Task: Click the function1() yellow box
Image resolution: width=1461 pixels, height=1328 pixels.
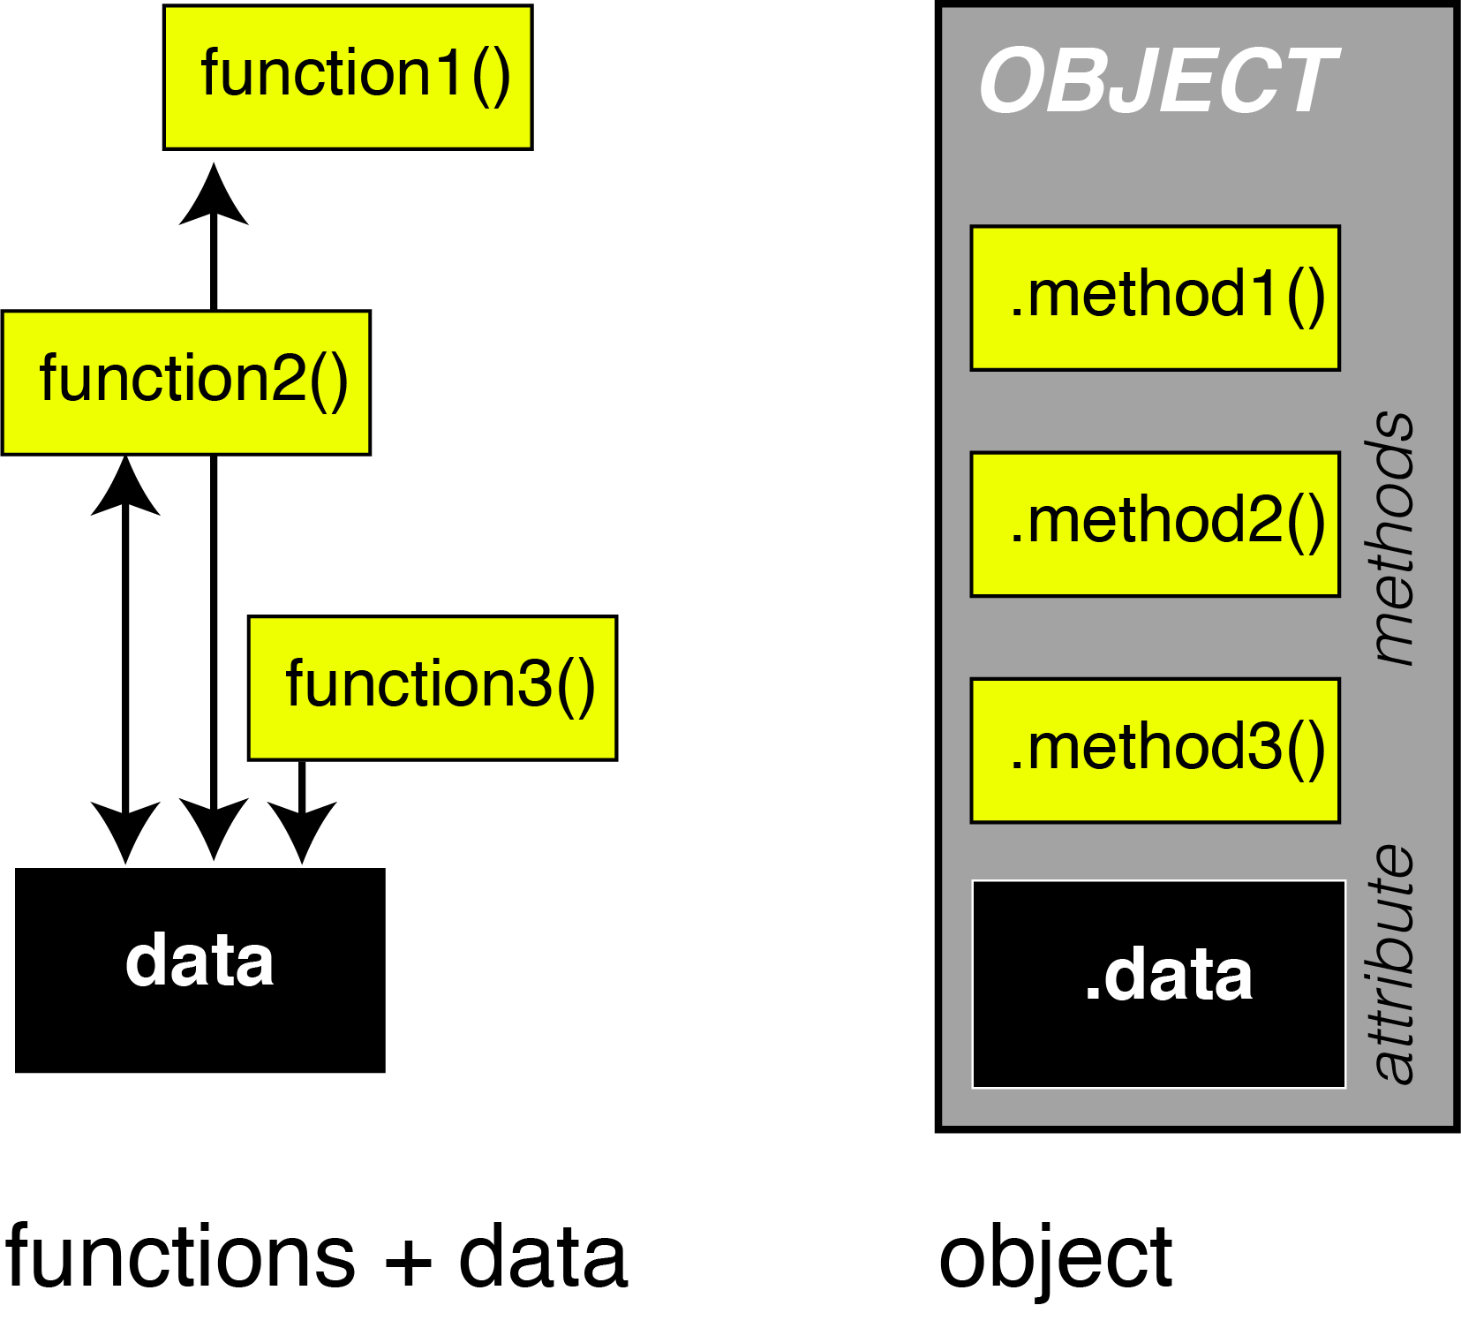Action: coord(348,78)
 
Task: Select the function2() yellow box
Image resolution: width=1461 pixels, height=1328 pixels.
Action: coord(186,382)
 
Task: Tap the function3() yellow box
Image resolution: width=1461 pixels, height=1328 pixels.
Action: coord(433,688)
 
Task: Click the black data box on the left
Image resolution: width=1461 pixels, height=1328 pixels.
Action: coord(200,970)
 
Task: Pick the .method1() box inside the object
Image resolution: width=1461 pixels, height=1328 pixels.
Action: coord(1155,298)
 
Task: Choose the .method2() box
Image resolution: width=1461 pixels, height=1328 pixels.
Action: coord(1155,524)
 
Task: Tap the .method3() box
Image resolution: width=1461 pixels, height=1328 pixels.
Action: coord(1155,751)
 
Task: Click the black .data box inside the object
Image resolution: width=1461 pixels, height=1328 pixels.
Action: coord(1158,984)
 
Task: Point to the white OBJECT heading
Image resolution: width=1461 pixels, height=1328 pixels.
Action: coord(1158,81)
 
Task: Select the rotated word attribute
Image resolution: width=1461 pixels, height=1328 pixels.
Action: coord(1394,962)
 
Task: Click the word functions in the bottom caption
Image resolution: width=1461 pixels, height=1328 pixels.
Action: coord(180,1257)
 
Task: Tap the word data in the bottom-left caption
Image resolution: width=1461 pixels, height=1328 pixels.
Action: coord(543,1257)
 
